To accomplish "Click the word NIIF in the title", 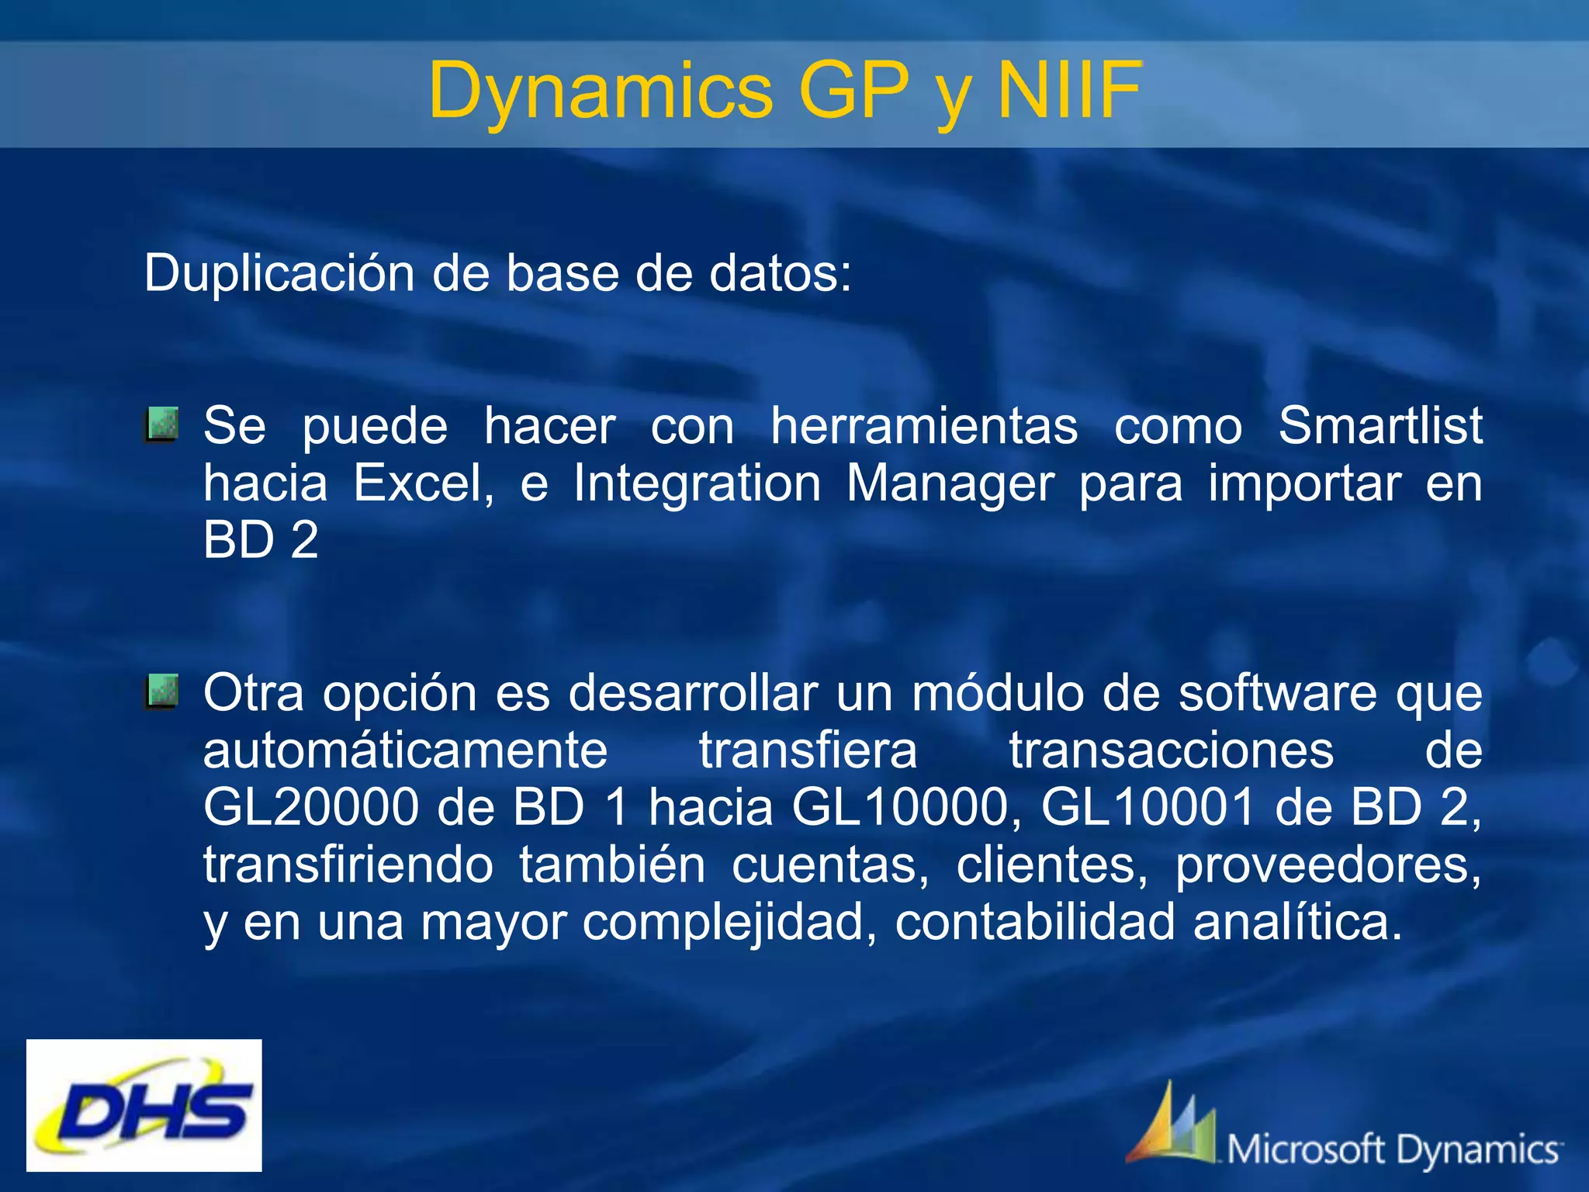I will click(1069, 92).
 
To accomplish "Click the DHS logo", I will click(144, 1105).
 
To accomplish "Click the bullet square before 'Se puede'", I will click(161, 424).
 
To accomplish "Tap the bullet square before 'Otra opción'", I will click(161, 691).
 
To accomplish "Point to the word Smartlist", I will click(1380, 426).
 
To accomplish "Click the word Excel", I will click(424, 483).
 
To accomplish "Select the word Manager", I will click(950, 483).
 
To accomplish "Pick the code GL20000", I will click(311, 807).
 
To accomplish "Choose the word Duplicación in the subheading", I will click(279, 274).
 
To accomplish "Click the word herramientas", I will click(923, 426).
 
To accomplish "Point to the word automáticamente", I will click(405, 750).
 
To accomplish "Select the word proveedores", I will click(1328, 865).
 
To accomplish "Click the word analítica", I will click(1297, 922).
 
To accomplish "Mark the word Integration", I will click(697, 483).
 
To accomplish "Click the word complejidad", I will click(729, 923).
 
